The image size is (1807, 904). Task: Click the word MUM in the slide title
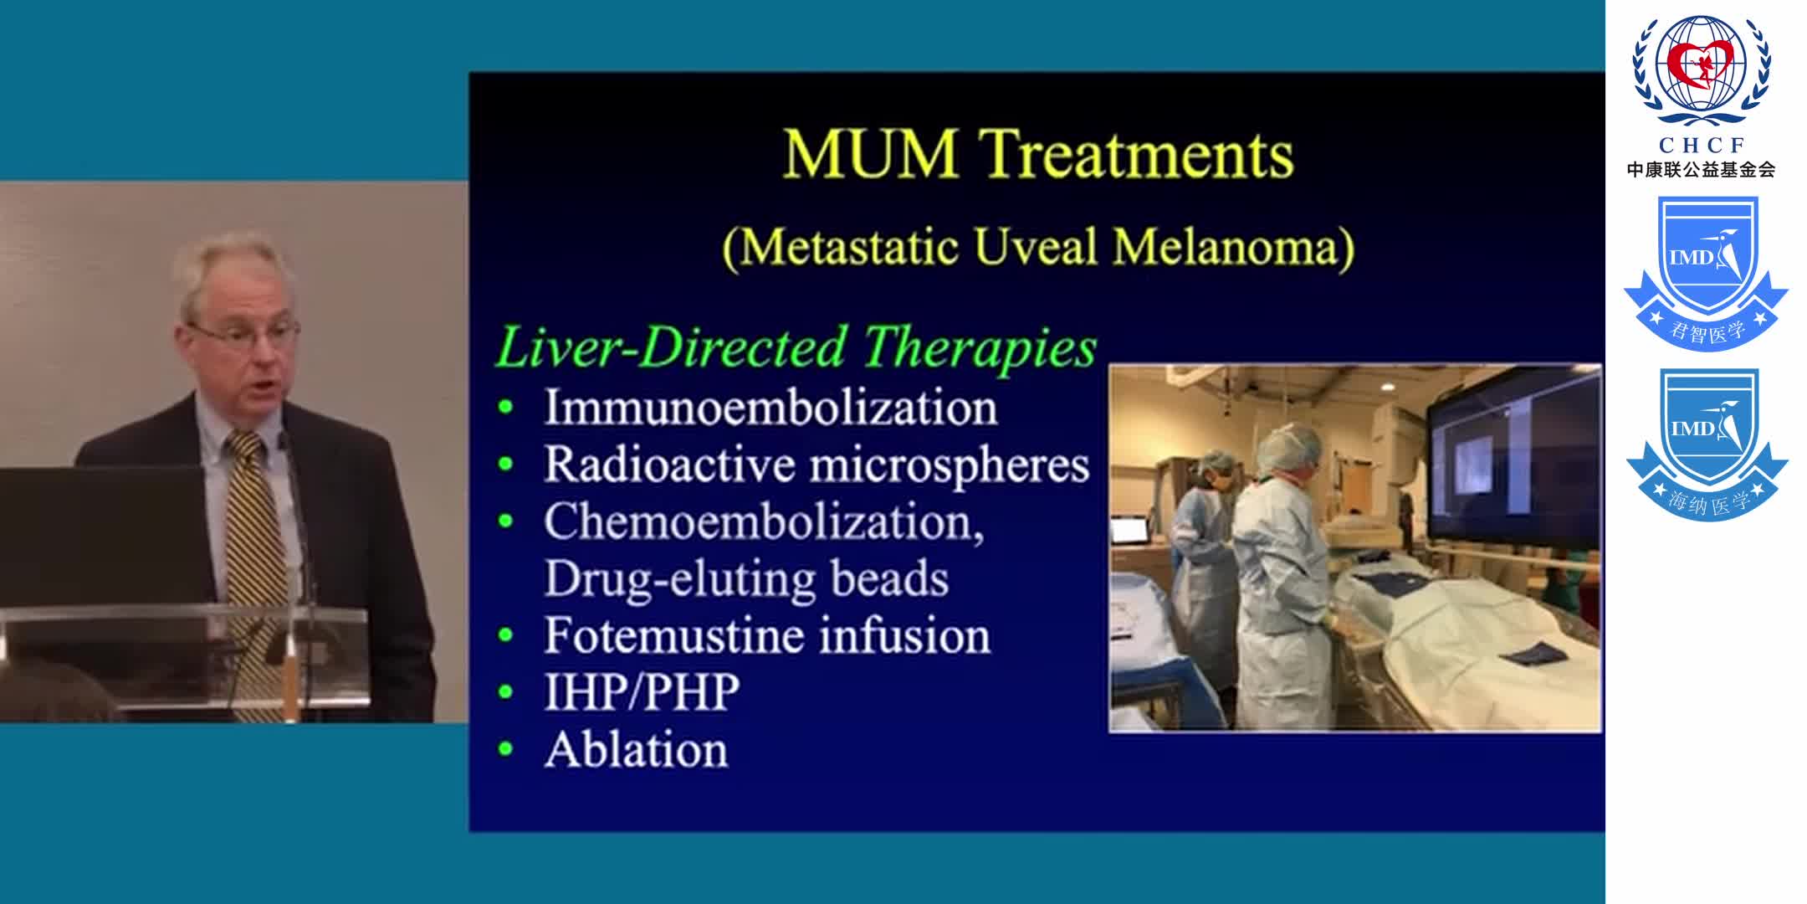pos(870,154)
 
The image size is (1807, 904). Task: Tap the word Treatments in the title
pos(1137,154)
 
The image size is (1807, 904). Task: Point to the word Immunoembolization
pos(770,408)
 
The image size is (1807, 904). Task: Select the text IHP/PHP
pos(642,692)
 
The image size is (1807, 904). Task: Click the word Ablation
pos(637,749)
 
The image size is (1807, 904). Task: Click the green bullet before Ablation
pos(505,749)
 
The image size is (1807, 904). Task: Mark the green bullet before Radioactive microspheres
pos(505,465)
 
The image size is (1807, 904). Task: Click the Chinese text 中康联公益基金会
pos(1701,170)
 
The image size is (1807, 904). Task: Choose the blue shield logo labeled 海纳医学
pos(1706,444)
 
